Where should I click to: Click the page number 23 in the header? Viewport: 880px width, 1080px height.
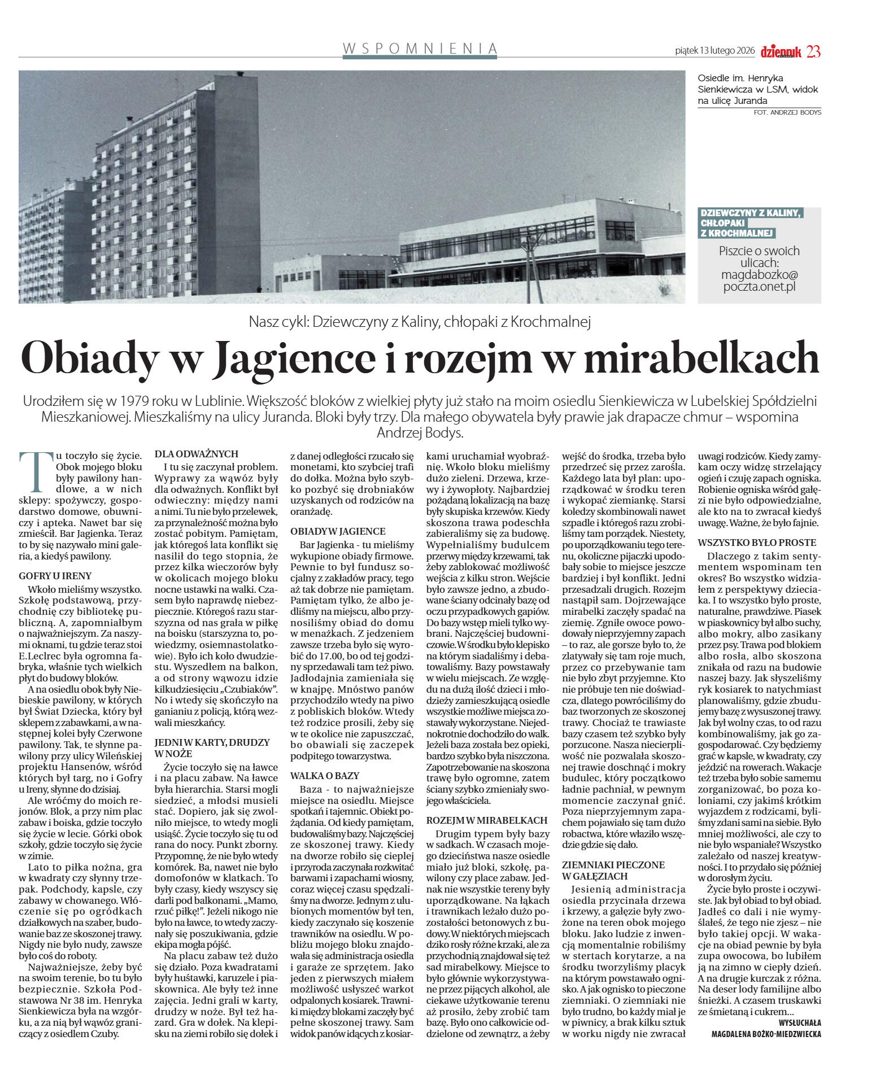click(x=813, y=51)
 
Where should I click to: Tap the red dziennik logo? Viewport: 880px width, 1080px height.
click(x=781, y=52)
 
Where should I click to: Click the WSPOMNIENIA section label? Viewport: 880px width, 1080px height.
click(x=420, y=49)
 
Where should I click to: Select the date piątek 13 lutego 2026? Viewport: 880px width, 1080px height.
click(x=715, y=51)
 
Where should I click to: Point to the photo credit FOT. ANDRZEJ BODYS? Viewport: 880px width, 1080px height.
click(x=787, y=112)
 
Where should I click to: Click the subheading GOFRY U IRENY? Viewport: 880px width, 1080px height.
click(x=55, y=576)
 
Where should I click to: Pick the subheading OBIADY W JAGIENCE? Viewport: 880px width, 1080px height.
click(x=338, y=531)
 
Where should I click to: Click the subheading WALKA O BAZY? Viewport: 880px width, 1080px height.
click(x=325, y=776)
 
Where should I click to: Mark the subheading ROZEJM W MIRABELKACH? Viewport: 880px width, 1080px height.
click(x=486, y=820)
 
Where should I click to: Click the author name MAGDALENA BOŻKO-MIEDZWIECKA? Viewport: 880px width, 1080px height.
click(x=766, y=1034)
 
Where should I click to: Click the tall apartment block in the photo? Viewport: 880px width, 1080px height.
click(x=175, y=186)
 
